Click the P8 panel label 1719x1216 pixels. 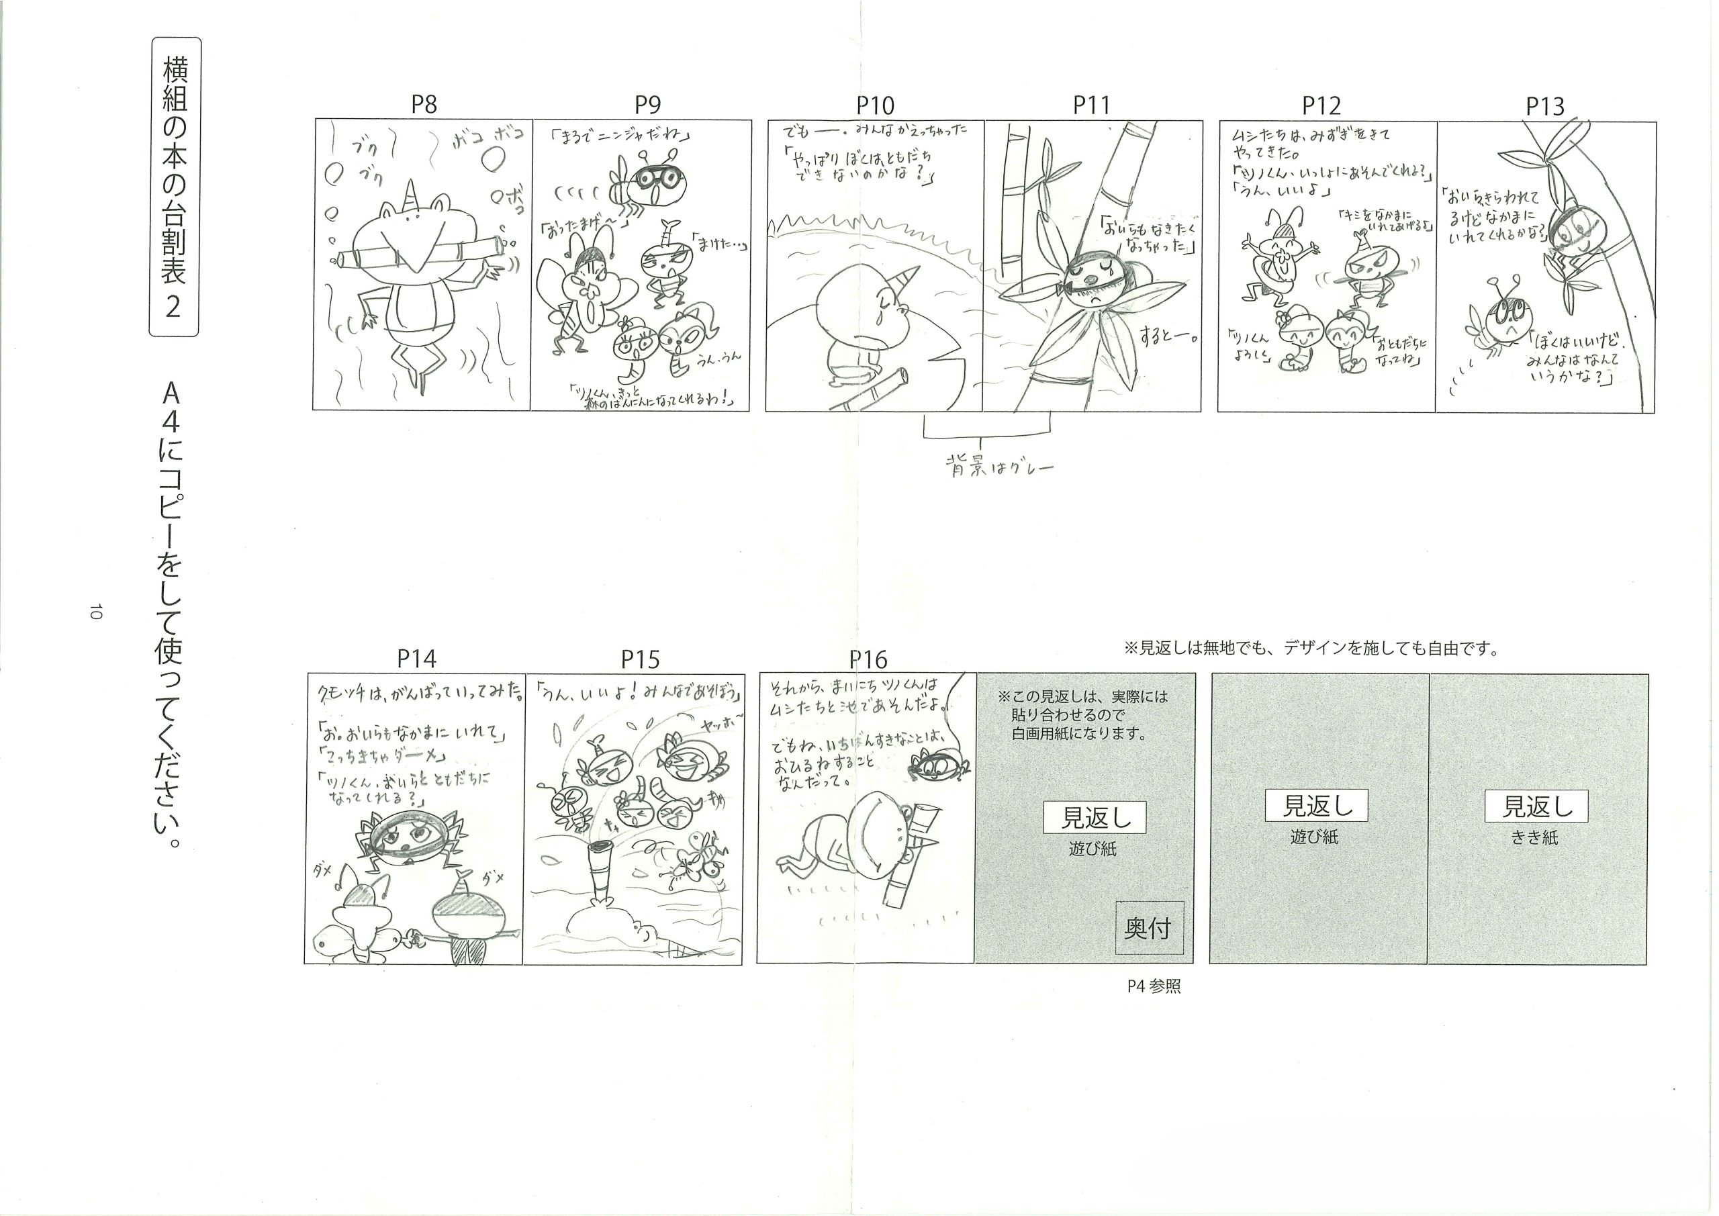pos(424,105)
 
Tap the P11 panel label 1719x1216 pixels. pos(1091,105)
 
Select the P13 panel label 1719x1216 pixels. pos(1544,106)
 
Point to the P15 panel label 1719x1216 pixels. pos(640,659)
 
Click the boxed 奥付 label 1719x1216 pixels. pos(1148,929)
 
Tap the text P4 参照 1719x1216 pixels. pos(1154,987)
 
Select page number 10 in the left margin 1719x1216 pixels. pos(95,610)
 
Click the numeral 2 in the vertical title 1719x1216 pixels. pos(174,306)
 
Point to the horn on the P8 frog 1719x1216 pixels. pos(412,195)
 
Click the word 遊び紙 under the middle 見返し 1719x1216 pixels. pos(1314,837)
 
